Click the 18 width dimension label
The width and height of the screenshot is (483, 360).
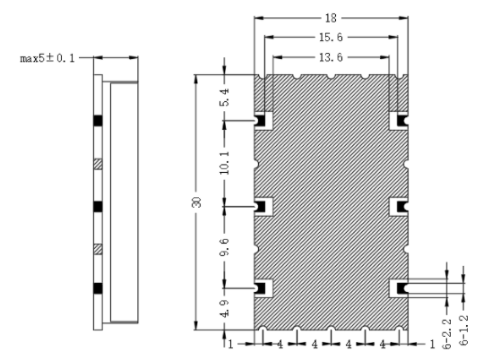point(331,18)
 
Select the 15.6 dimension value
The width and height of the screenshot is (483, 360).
point(331,38)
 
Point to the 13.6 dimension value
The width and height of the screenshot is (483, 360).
point(331,57)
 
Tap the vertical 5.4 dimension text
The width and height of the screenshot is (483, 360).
point(225,98)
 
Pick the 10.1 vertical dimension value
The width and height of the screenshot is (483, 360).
point(225,163)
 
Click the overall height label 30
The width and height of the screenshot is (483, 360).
point(196,202)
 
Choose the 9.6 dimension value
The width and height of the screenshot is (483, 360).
point(225,246)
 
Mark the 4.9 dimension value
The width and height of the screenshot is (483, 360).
point(225,308)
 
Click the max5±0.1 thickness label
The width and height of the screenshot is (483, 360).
point(47,58)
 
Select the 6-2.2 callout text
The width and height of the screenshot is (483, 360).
point(446,334)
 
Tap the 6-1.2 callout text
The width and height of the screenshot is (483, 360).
point(463,330)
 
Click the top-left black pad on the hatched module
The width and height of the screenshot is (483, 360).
point(260,120)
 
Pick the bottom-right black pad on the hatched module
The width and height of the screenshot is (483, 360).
point(402,288)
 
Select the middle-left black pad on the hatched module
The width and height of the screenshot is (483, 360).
point(260,207)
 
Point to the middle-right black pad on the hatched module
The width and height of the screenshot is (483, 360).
point(402,207)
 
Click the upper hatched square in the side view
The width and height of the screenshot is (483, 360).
point(98,164)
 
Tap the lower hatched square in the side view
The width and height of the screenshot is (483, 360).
point(98,249)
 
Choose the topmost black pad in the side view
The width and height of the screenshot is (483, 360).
point(98,120)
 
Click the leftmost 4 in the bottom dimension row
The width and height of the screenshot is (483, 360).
point(280,344)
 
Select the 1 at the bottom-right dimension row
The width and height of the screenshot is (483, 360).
point(432,344)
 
